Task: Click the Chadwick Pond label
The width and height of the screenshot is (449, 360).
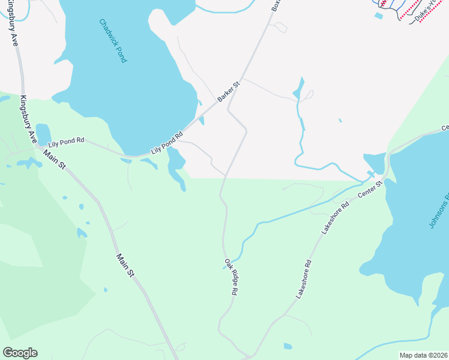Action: (x=113, y=41)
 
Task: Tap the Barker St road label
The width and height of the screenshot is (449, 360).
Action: (x=229, y=92)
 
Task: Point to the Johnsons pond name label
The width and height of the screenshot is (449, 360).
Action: (x=439, y=211)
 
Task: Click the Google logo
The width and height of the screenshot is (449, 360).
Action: (x=20, y=353)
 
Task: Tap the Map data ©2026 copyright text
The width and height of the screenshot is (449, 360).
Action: (x=423, y=355)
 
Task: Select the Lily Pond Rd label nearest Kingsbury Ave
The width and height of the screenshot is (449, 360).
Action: (x=67, y=142)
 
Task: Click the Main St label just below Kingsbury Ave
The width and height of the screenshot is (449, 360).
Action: (x=53, y=158)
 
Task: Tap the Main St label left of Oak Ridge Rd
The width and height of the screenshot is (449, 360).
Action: (x=125, y=265)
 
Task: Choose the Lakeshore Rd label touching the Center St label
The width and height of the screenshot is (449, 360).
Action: (x=334, y=217)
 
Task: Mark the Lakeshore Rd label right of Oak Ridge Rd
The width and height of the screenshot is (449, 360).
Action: (x=304, y=280)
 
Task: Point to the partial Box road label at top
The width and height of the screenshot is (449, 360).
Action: (x=276, y=5)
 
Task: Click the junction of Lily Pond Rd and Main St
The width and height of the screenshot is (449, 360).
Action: (x=38, y=146)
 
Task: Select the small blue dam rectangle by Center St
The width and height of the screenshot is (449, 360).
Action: (x=371, y=174)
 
